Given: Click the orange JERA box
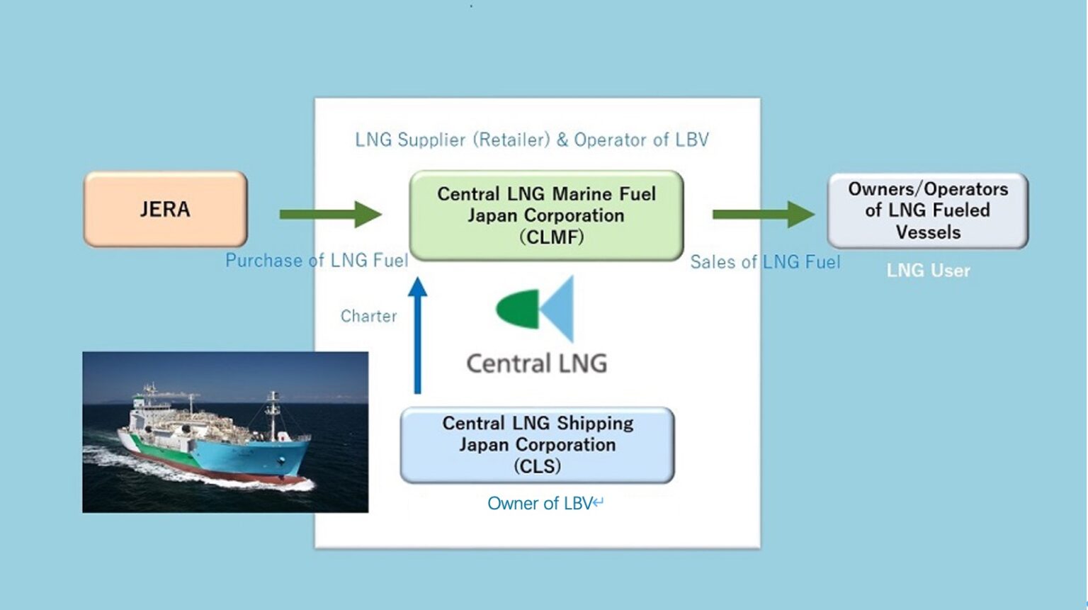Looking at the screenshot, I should tap(165, 209).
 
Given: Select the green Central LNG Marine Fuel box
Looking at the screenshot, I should tap(546, 215).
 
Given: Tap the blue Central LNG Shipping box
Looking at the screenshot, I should tap(537, 445).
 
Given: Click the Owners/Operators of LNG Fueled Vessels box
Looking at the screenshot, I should tap(927, 210).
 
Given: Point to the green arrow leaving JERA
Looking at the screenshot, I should tap(330, 214).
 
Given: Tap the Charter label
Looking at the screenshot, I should tap(368, 316).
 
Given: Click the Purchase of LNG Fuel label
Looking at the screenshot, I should tap(316, 261).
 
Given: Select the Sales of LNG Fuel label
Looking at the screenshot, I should tap(765, 262).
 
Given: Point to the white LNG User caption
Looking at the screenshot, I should tap(928, 271).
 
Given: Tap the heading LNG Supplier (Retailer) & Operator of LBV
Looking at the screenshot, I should tap(531, 140).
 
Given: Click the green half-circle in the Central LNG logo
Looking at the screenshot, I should tap(516, 310).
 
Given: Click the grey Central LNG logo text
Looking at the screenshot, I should tap(536, 363).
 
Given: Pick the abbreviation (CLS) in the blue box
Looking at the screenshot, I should tap(537, 466).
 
